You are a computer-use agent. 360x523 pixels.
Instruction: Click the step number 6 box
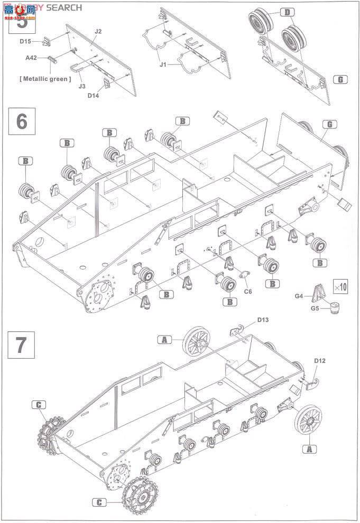(x=22, y=121)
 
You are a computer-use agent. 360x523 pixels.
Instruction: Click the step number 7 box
(x=22, y=344)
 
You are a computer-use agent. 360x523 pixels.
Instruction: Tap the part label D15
(x=26, y=41)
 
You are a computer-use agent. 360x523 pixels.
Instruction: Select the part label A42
(x=31, y=60)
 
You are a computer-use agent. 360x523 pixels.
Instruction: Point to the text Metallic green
(x=44, y=79)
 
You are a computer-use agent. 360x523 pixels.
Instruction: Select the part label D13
(x=263, y=320)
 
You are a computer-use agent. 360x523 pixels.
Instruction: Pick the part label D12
(x=319, y=360)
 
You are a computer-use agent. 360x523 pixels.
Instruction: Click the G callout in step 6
(x=329, y=125)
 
